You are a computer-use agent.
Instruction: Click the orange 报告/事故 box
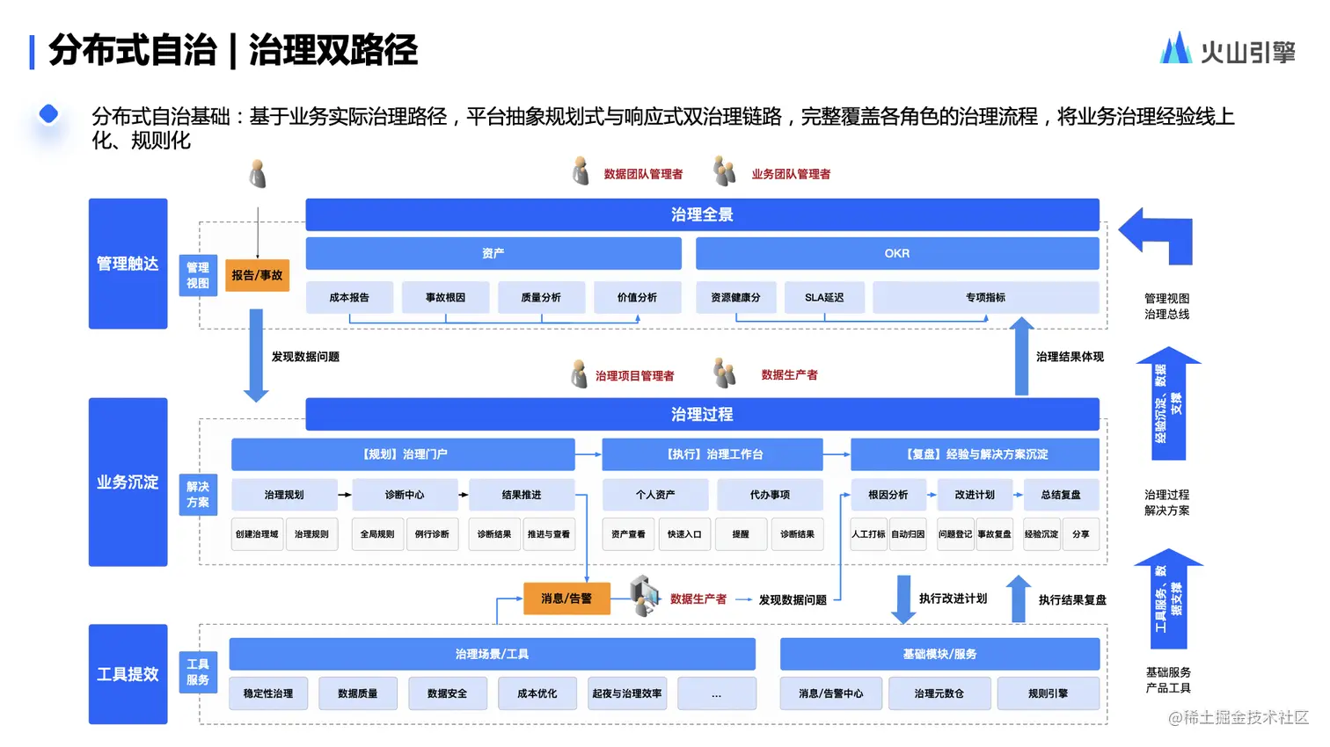[x=257, y=275]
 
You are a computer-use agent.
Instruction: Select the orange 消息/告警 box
[x=566, y=598]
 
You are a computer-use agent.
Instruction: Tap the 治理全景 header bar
[x=702, y=214]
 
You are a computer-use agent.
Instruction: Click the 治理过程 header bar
[x=702, y=414]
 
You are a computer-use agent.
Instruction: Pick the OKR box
[x=897, y=253]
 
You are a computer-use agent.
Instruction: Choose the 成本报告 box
[x=349, y=298]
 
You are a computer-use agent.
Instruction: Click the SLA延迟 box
[x=824, y=298]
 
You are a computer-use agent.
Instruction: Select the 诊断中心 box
[x=405, y=495]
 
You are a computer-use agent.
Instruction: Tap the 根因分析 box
[x=888, y=495]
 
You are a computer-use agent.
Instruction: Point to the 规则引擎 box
[x=1048, y=693]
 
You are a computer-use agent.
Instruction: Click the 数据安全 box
[x=447, y=693]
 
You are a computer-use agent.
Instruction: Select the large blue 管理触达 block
[x=128, y=264]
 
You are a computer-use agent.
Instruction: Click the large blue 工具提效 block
[x=128, y=674]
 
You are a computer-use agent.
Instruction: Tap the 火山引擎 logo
[x=1228, y=50]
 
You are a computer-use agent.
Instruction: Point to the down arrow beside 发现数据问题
[x=256, y=355]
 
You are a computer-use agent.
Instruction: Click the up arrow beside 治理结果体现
[x=1021, y=356]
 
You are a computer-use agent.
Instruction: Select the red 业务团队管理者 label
[x=791, y=174]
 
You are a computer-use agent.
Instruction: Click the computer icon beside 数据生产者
[x=645, y=595]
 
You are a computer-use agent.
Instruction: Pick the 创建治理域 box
[x=257, y=534]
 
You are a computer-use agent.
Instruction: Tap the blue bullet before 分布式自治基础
[x=49, y=114]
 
